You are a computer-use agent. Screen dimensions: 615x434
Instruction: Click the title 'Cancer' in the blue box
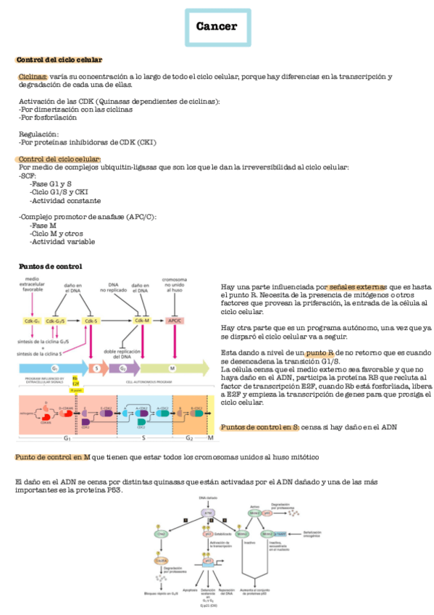pos(216,27)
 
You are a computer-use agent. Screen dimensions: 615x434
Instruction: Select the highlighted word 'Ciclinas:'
pos(33,77)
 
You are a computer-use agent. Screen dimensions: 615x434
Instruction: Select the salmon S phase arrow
pos(98,368)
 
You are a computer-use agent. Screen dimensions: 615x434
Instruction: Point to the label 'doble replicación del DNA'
pos(117,354)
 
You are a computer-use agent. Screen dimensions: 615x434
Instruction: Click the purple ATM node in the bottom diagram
pos(206,512)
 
